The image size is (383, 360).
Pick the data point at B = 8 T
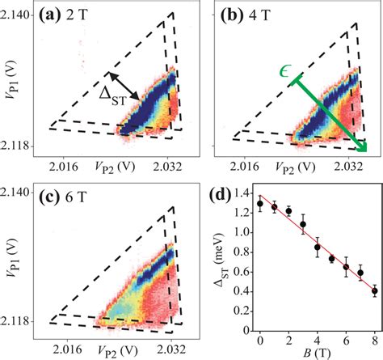[x=374, y=290]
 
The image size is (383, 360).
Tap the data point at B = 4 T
[x=317, y=247]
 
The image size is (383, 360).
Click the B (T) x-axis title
[x=316, y=352]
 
